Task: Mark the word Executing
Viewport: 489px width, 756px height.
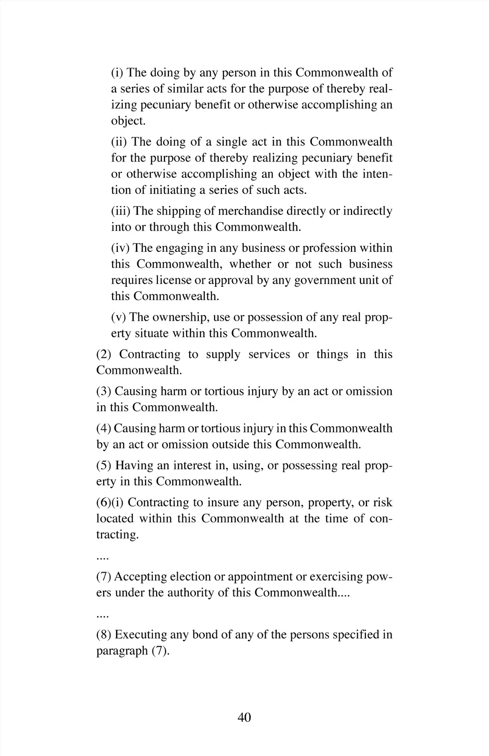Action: tap(141, 635)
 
